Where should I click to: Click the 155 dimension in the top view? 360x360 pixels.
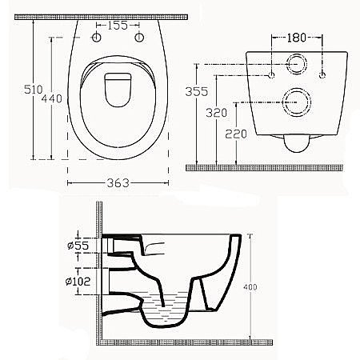click(117, 26)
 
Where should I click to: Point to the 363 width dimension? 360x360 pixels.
click(118, 182)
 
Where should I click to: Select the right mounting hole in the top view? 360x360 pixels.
click(139, 38)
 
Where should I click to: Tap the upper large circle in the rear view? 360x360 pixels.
click(298, 66)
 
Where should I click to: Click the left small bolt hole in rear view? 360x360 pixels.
click(272, 74)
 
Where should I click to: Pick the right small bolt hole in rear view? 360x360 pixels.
click(323, 74)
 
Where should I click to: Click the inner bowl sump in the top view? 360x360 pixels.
click(118, 90)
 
